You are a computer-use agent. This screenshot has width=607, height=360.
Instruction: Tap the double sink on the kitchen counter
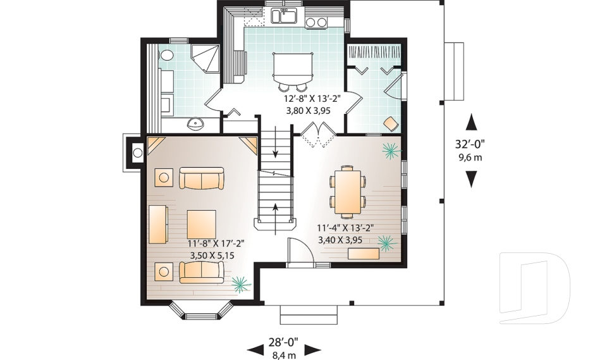point(285,15)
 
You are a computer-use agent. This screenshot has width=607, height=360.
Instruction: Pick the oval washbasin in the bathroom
point(198,123)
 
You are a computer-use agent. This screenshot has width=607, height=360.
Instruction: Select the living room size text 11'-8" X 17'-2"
point(216,243)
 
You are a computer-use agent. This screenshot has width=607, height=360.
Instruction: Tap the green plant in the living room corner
point(240,283)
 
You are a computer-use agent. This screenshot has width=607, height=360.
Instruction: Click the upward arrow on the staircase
point(276,209)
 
